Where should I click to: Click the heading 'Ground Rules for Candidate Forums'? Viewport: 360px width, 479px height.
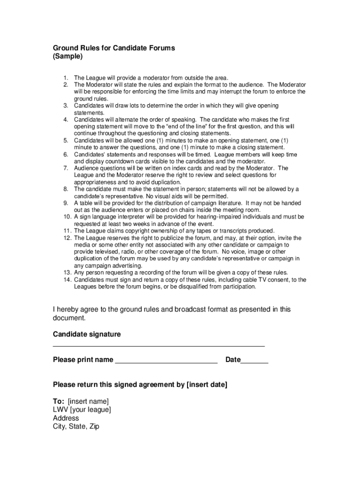tap(114, 48)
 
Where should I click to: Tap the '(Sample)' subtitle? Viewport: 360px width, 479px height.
tap(68, 57)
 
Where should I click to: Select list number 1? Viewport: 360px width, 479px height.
tap(66, 78)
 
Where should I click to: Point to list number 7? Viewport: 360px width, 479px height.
tap(66, 168)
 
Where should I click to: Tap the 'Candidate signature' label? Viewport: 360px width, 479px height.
tap(86, 334)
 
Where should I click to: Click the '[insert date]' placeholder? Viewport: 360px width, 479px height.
tap(207, 385)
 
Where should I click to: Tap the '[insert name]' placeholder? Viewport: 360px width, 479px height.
tap(88, 401)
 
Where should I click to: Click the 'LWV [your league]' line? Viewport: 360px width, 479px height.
tap(82, 410)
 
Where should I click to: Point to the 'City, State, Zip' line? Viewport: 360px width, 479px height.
tap(76, 427)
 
